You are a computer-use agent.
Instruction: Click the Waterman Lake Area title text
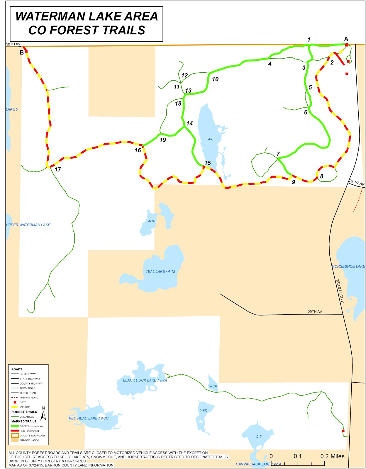pos(87,23)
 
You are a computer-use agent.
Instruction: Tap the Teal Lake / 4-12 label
pos(160,271)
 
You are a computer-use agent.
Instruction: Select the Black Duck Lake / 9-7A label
pos(145,380)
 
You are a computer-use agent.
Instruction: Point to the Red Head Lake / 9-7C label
pos(89,418)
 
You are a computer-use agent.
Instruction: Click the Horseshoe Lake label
pos(348,266)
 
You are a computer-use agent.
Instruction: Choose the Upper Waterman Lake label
pos(28,225)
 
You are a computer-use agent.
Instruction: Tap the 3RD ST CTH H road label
pos(340,291)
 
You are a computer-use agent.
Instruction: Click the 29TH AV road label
pos(315,312)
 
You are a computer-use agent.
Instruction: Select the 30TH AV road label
pos(13,44)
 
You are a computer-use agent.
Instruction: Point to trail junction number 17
pos(58,169)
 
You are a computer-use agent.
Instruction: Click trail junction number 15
pos(208,163)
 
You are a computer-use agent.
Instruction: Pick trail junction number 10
pos(215,79)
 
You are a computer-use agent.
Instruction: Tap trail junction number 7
pos(278,154)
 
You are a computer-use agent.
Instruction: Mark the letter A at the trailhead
pos(346,39)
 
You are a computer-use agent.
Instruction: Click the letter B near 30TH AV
pos(22,53)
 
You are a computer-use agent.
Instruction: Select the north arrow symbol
pos(43,414)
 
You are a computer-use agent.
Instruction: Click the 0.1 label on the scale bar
pos(297,456)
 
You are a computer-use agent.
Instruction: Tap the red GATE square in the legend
pos(15,402)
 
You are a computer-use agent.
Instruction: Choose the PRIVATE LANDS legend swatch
pos(15,440)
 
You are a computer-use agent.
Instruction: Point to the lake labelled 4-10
pos(151,221)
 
